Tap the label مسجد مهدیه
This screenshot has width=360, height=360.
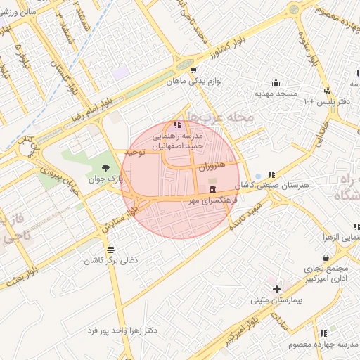pyautogui.click(x=276, y=93)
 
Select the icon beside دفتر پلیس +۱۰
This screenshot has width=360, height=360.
pyautogui.click(x=327, y=91)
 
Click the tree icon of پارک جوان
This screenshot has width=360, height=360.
pyautogui.click(x=105, y=167)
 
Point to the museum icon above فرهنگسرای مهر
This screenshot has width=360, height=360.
pyautogui.click(x=213, y=188)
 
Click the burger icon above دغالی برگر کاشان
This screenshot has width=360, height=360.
pyautogui.click(x=110, y=249)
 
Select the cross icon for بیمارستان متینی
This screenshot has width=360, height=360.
pyautogui.click(x=277, y=289)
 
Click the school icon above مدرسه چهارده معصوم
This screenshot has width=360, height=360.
pyautogui.click(x=323, y=333)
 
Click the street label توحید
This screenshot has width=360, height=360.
pyautogui.click(x=134, y=152)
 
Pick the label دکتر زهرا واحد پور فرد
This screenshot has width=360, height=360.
pyautogui.click(x=122, y=330)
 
